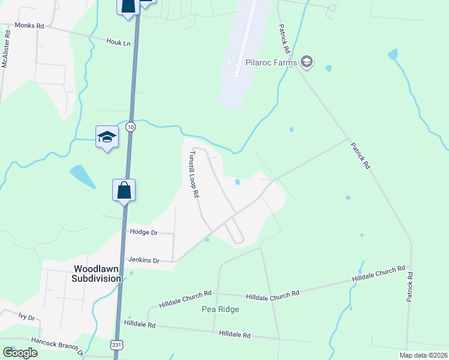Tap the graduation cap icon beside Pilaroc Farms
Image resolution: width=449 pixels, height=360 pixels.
tap(307, 61)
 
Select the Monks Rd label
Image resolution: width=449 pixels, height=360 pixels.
tap(30, 26)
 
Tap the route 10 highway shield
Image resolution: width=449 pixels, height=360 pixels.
tap(130, 127)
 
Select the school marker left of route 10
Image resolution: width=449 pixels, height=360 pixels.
tap(107, 137)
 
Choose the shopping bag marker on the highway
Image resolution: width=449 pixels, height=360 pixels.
tap(124, 190)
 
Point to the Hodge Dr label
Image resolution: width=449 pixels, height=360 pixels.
tap(143, 232)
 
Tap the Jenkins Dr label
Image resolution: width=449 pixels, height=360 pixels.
tap(143, 260)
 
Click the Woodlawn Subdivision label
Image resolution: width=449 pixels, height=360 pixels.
tap(97, 274)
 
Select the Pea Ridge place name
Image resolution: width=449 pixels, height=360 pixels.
tap(220, 309)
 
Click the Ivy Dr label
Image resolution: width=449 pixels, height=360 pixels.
tap(26, 316)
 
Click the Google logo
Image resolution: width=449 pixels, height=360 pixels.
tap(19, 353)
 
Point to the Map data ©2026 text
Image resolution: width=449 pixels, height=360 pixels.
tap(423, 355)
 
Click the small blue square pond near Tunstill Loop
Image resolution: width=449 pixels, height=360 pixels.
tap(238, 182)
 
